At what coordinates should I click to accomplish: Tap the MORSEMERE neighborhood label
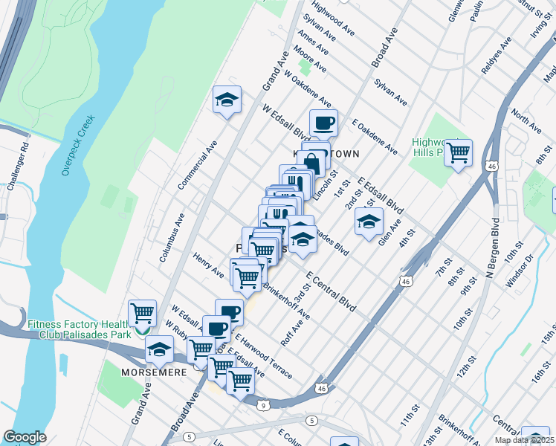click(154, 369)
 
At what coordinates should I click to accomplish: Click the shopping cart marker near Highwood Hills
click(458, 152)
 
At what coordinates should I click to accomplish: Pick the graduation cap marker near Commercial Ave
click(227, 100)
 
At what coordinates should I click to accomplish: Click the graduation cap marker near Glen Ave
click(368, 222)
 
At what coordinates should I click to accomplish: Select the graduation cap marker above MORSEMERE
click(158, 348)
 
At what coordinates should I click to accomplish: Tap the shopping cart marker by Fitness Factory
click(141, 312)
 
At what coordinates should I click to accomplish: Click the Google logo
click(25, 436)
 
